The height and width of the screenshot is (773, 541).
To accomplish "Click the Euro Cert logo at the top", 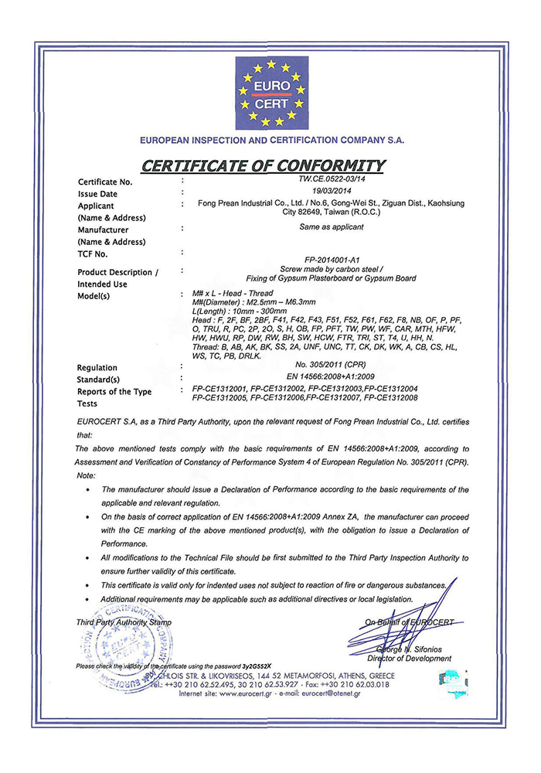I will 270,94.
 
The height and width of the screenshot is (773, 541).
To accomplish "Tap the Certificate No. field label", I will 106,182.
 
